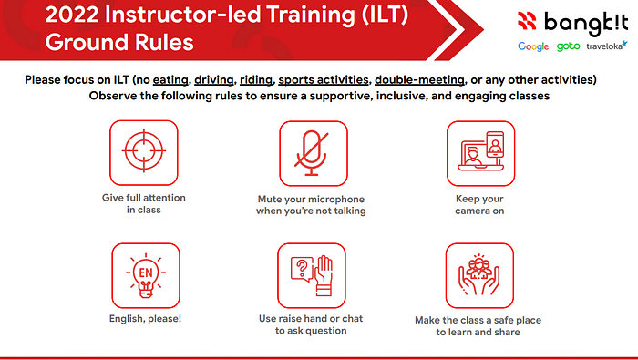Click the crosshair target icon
[144, 151]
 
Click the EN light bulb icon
[146, 276]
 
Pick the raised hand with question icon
[312, 275]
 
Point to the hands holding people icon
[479, 275]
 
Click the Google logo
[533, 46]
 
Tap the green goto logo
[568, 46]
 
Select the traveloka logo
[607, 46]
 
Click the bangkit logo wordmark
[586, 23]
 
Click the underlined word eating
[170, 79]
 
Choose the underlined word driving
[214, 79]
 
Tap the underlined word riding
[256, 79]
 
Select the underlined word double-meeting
[419, 79]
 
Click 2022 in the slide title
[72, 15]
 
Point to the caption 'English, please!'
[145, 318]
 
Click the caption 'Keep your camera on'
[479, 205]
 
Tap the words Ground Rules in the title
[119, 42]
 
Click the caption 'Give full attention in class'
[144, 203]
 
